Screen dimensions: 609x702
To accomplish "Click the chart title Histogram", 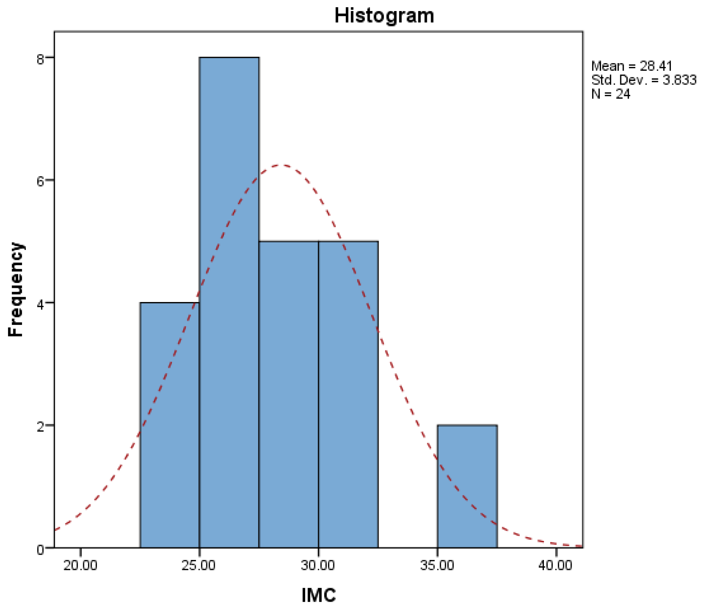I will coord(384,16).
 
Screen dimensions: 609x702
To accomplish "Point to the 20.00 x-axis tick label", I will coord(80,566).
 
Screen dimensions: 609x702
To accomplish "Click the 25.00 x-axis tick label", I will coord(198,566).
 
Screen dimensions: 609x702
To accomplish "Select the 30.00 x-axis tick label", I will coord(318,566).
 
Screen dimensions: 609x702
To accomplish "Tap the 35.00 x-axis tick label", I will coord(437,566).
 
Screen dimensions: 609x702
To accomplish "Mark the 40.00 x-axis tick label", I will coord(555,566).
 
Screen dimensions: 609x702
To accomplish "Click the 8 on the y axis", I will coord(41,59).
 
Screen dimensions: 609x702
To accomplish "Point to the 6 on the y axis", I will coord(41,181).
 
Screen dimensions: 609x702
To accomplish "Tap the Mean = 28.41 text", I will coord(632,66).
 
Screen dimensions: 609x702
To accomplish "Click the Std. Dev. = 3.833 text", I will coord(644,80).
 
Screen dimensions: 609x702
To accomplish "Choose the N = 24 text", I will coord(611,94).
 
